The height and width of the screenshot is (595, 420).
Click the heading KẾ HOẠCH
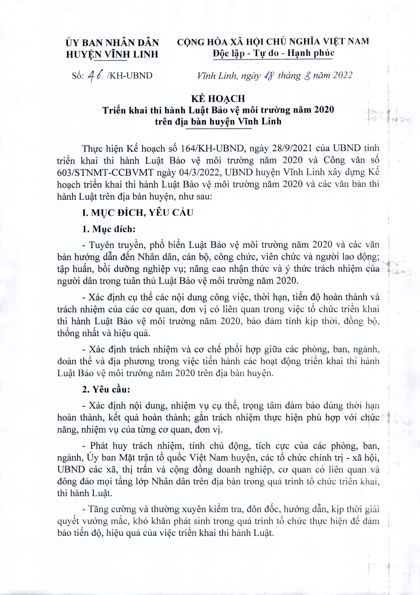tap(218, 99)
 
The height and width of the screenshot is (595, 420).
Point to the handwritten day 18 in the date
tap(269, 75)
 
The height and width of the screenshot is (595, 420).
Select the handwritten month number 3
tap(307, 76)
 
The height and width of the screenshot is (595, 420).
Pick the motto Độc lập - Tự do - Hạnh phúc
tap(273, 53)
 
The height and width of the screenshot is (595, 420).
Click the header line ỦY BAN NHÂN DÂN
tap(113, 42)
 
